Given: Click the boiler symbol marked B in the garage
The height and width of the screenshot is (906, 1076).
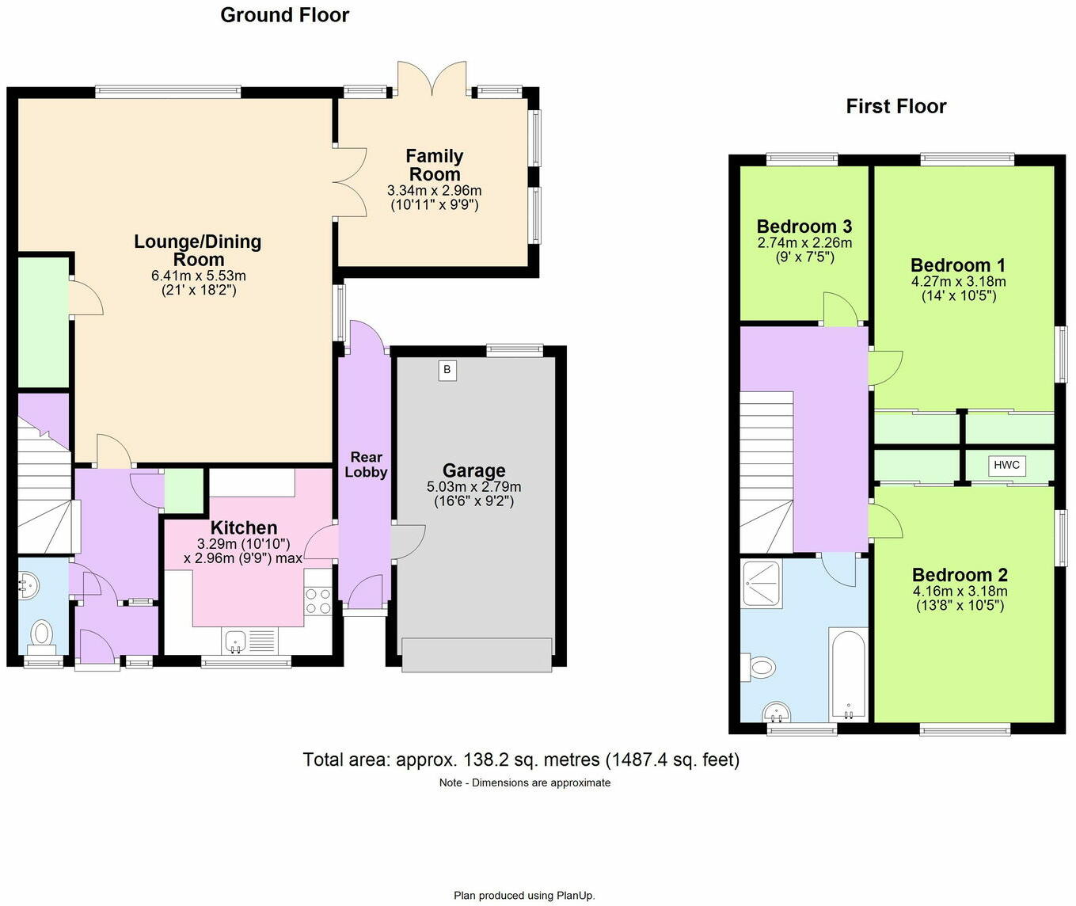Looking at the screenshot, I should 447,370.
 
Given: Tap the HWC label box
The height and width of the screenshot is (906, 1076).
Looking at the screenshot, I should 1006,466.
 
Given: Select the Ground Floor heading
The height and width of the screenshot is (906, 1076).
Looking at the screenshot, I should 284,15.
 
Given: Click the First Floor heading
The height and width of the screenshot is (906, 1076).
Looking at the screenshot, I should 895,106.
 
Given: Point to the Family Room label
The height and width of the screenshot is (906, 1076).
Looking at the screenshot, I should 434,166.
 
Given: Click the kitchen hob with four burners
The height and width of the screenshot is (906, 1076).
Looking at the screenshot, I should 318,600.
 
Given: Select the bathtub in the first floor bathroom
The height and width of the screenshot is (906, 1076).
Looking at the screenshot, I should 848,674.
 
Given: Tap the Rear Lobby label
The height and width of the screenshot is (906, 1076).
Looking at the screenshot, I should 366,465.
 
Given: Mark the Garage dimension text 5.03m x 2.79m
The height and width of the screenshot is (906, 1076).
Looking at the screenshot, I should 473,487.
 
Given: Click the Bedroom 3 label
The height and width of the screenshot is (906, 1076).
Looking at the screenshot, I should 804,226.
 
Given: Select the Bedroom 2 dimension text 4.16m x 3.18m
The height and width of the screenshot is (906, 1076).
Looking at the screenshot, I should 960,592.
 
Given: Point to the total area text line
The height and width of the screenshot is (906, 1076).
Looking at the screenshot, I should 521,760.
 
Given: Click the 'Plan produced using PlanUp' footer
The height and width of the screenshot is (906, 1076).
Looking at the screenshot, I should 524,896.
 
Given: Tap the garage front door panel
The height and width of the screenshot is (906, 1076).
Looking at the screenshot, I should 477,655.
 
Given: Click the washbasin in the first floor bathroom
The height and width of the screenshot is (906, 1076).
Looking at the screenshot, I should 778,714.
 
